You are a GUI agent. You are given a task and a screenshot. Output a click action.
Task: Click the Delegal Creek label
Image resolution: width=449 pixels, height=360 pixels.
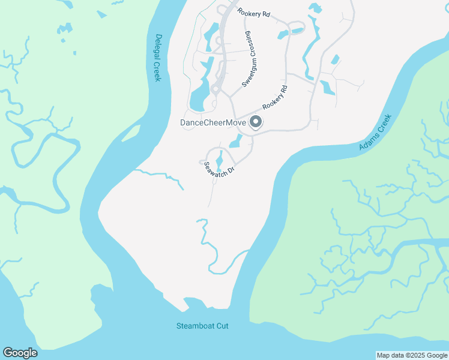(x=158, y=58)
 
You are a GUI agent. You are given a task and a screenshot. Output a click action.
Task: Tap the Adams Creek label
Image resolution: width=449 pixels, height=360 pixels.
(x=375, y=132)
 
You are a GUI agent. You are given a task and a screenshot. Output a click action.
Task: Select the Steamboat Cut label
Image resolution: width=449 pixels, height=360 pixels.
(x=202, y=326)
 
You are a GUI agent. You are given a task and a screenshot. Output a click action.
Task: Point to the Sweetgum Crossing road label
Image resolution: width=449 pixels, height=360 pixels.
(x=248, y=59)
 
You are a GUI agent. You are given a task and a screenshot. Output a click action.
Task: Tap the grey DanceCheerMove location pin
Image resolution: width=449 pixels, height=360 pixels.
(x=255, y=122)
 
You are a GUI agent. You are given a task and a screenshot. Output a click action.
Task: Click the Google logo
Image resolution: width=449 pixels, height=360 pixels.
(x=20, y=353)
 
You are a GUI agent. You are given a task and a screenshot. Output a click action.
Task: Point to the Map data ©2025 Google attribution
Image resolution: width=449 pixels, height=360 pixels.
(x=412, y=355)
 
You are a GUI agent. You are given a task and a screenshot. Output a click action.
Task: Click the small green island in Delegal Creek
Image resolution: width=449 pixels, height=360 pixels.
(x=131, y=133)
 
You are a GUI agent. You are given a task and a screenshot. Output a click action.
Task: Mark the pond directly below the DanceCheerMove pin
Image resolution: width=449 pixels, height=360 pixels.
(x=237, y=142)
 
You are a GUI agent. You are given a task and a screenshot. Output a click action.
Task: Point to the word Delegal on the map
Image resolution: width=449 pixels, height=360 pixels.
(x=158, y=47)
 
